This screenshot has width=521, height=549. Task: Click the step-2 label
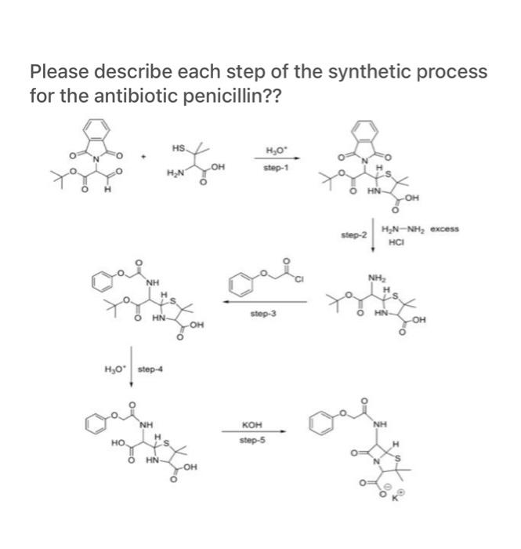(x=354, y=235)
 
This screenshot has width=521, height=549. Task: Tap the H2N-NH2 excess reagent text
(x=419, y=229)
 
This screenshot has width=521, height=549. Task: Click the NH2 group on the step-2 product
(x=373, y=277)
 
